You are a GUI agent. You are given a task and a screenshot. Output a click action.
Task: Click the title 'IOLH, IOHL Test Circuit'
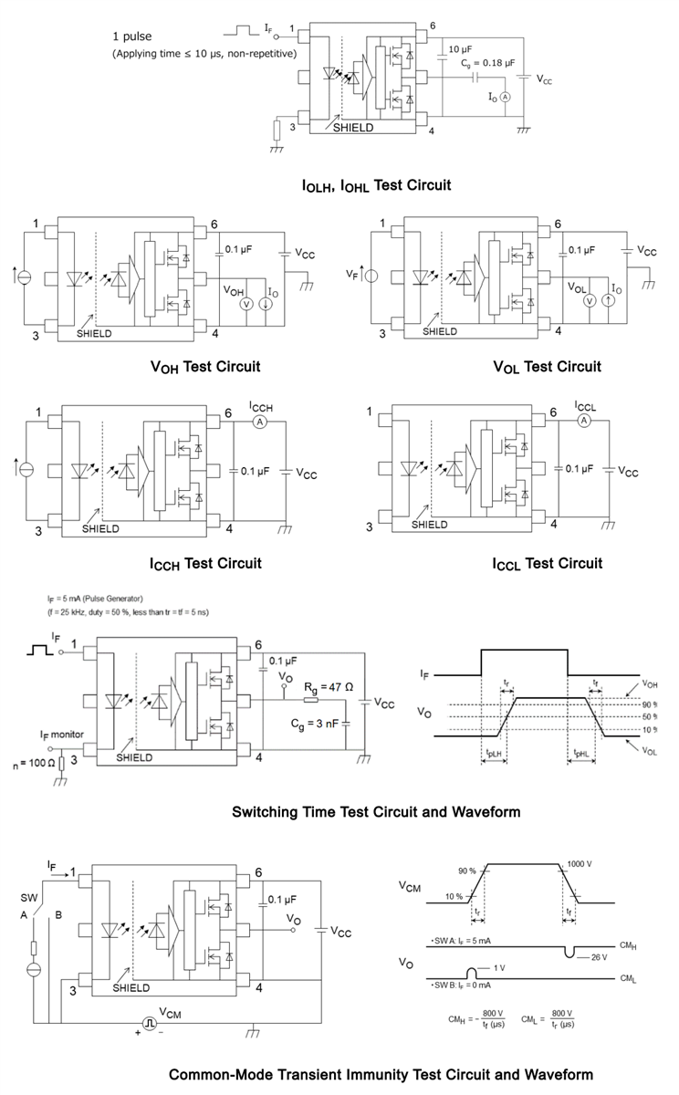[x=376, y=186]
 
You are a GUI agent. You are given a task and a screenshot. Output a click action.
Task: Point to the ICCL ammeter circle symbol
[x=584, y=420]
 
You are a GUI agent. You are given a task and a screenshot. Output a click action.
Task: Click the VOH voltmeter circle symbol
[x=245, y=302]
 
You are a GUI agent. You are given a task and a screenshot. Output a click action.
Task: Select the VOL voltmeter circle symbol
[x=590, y=301]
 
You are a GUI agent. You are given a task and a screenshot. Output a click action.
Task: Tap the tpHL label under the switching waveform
[x=582, y=755]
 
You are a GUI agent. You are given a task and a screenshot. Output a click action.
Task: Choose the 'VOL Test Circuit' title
[x=547, y=367]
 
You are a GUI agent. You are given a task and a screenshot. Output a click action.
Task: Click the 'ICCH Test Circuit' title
[x=206, y=563]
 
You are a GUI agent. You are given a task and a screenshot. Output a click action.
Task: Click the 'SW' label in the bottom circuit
[x=30, y=896]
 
